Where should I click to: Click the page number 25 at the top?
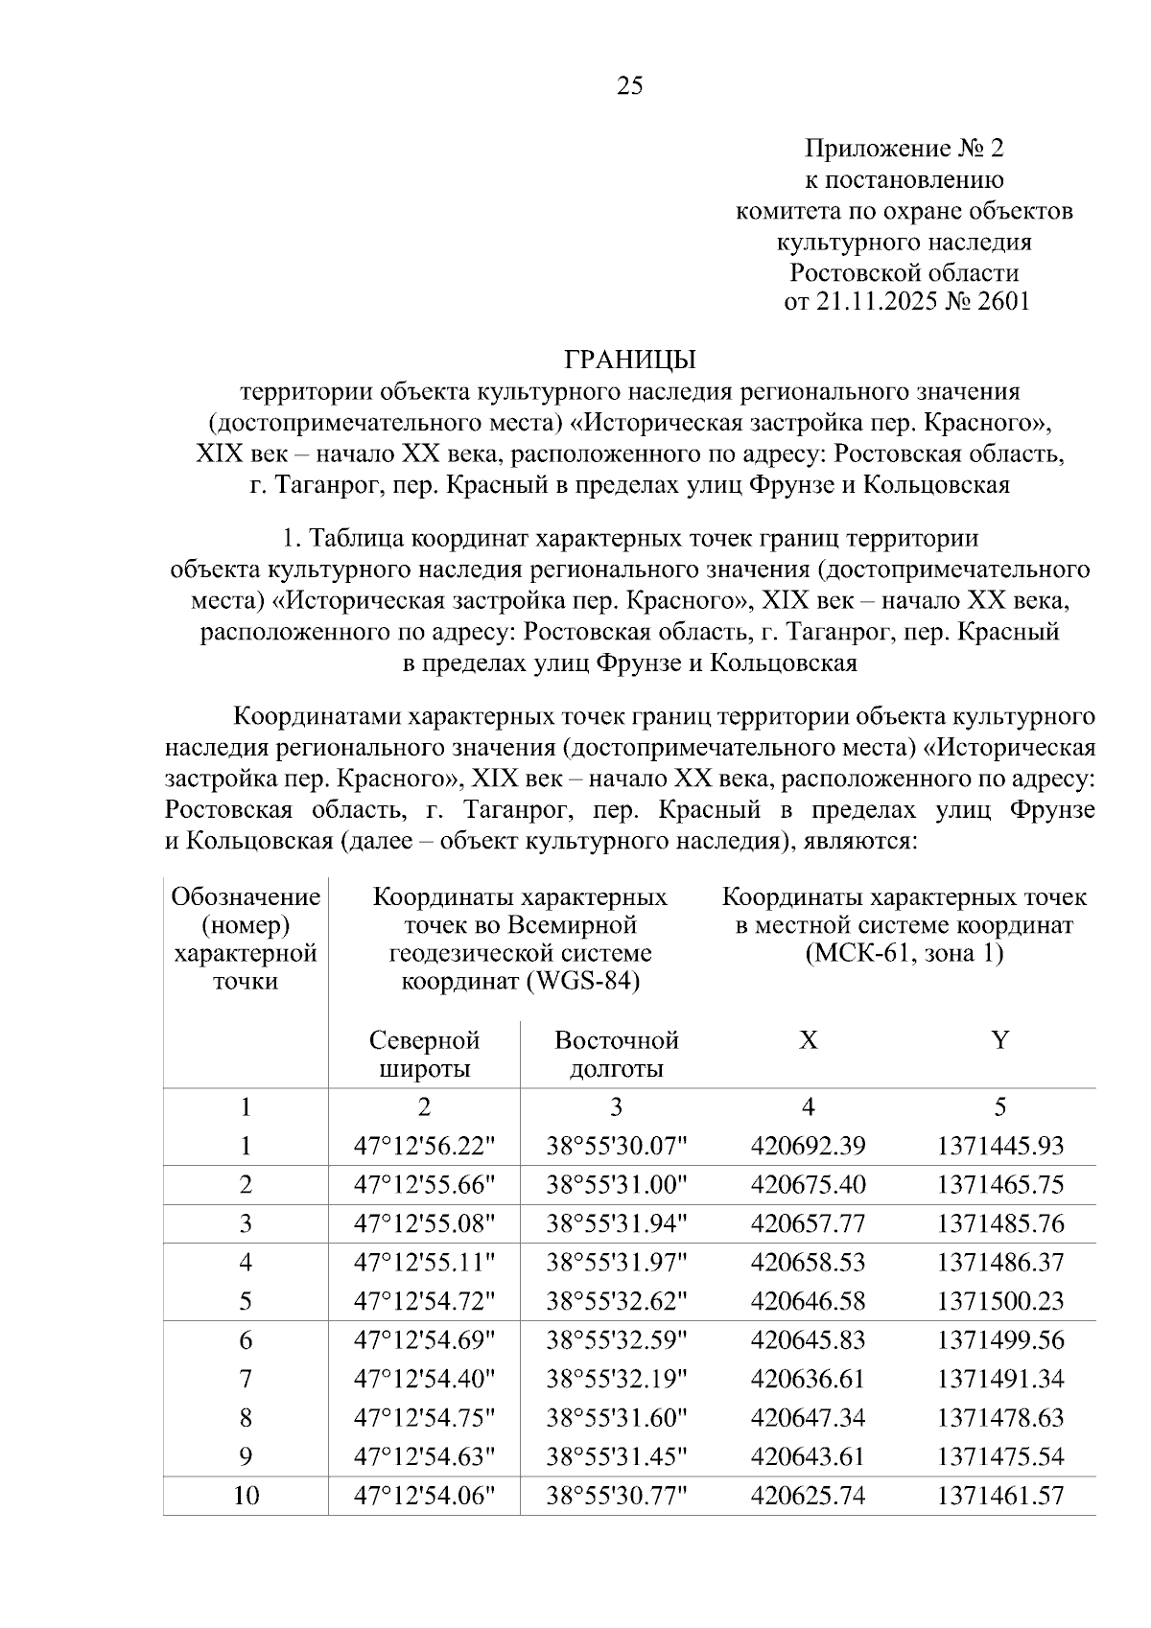click(x=629, y=86)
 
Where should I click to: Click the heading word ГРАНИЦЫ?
click(x=629, y=360)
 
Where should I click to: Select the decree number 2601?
click(x=1002, y=302)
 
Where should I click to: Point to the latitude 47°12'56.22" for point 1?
click(x=424, y=1146)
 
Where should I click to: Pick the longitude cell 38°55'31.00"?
click(x=617, y=1184)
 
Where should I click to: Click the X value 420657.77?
click(x=808, y=1223)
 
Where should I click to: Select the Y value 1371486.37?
click(x=1000, y=1262)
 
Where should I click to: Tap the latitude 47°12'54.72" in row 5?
click(x=424, y=1301)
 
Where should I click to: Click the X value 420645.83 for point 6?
click(x=808, y=1339)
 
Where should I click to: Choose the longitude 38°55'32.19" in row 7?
click(x=617, y=1379)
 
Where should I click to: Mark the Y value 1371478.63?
click(x=1000, y=1417)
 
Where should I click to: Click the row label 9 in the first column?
click(x=246, y=1456)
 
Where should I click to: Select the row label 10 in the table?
click(x=246, y=1495)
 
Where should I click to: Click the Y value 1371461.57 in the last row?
click(x=1000, y=1495)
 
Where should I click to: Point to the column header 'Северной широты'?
click(x=424, y=1055)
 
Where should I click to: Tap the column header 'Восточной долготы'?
click(x=617, y=1055)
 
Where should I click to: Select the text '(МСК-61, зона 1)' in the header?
click(x=904, y=954)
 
